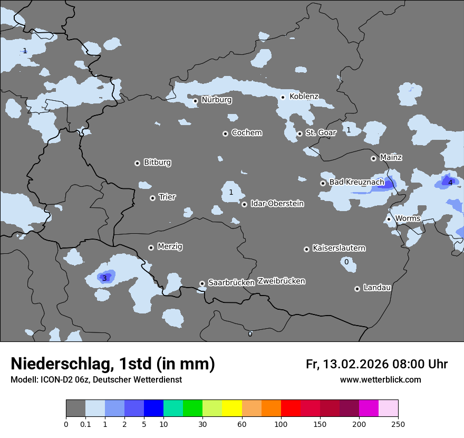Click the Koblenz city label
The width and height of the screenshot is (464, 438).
(x=304, y=97)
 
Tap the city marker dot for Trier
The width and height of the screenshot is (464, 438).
(x=152, y=198)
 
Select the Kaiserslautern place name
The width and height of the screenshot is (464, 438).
(x=339, y=248)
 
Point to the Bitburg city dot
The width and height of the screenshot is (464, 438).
(x=137, y=163)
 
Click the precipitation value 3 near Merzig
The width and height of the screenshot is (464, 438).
(x=104, y=278)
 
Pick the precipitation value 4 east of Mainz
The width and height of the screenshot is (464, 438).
(x=450, y=183)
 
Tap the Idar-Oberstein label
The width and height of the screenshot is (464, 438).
(x=277, y=203)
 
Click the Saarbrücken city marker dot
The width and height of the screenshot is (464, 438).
(x=202, y=283)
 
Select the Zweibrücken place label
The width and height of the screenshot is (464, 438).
(x=281, y=281)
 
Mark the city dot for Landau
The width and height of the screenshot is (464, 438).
(x=357, y=289)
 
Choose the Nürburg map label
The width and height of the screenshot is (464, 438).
(x=216, y=100)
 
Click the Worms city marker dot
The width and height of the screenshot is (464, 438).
(x=389, y=219)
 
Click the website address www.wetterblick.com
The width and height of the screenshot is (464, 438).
(x=380, y=380)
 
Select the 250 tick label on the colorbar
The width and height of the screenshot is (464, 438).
(x=398, y=424)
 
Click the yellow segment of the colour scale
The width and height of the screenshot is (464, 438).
(x=232, y=408)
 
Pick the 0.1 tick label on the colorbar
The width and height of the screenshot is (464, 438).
(x=85, y=424)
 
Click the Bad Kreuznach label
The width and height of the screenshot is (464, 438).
(x=356, y=182)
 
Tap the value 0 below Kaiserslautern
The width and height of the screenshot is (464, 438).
(x=346, y=262)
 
